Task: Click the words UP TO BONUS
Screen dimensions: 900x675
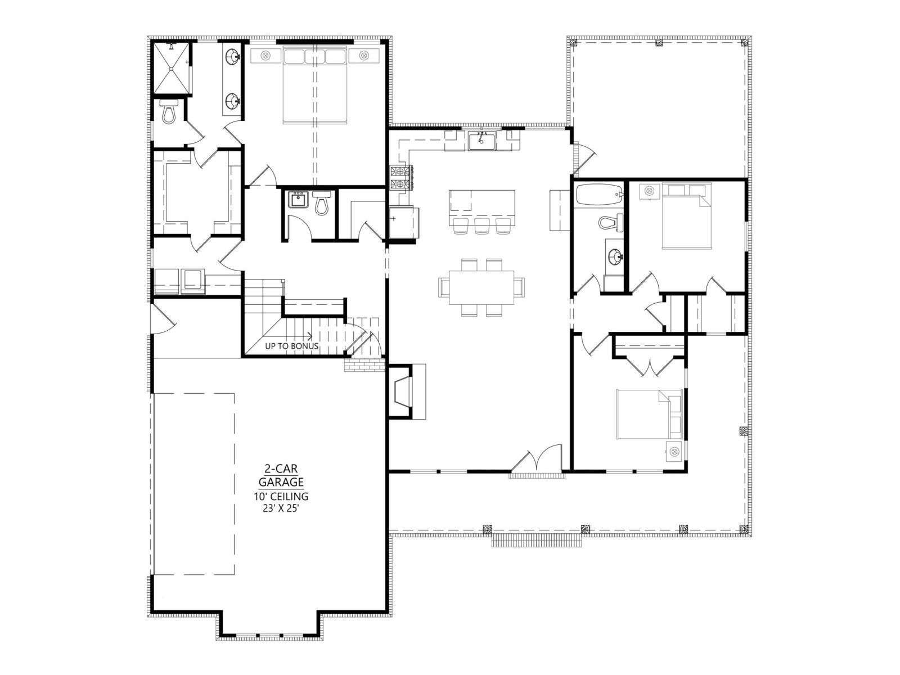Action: click(291, 346)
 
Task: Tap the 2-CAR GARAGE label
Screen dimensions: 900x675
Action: click(281, 475)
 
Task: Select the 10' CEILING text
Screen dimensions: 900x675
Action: click(281, 497)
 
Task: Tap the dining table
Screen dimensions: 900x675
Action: click(481, 287)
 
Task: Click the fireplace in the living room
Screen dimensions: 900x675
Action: click(406, 391)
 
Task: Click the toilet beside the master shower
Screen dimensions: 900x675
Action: click(169, 111)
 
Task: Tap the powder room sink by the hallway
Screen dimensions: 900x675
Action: click(296, 200)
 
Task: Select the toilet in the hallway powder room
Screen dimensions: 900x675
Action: click(321, 202)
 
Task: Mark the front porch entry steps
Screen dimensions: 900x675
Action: click(536, 541)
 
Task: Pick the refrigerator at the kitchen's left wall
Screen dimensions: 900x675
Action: click(403, 223)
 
